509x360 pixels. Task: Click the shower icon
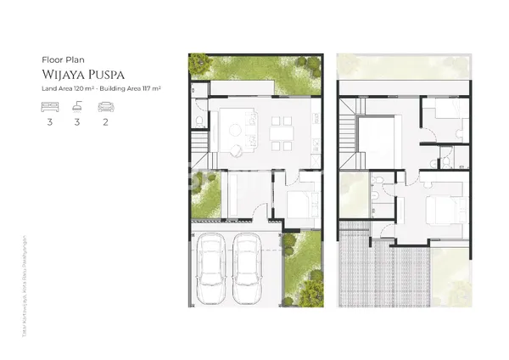76,107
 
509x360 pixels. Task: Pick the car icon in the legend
106,107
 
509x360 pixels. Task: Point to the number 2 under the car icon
106,121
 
